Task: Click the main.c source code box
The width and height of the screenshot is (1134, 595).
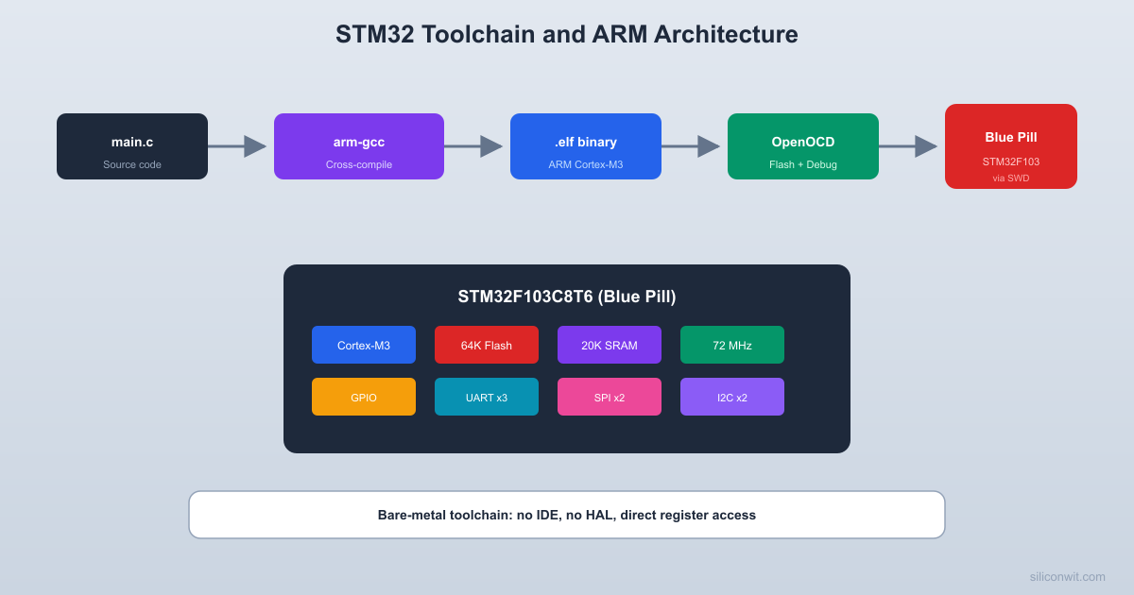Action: [132, 146]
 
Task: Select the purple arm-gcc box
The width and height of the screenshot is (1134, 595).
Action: [359, 146]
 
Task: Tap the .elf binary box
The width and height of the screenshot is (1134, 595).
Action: [586, 146]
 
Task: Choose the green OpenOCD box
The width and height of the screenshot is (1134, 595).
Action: [803, 146]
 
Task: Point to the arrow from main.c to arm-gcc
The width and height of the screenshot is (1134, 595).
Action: [237, 146]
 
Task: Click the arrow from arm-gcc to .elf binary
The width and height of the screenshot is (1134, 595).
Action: [473, 146]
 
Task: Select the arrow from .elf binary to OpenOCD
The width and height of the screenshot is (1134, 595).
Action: [691, 146]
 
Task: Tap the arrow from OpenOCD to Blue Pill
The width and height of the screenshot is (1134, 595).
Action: [908, 146]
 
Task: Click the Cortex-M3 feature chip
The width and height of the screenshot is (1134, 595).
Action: [364, 345]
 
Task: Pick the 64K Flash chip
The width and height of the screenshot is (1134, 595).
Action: [487, 345]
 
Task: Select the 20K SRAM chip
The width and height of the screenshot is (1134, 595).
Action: [610, 345]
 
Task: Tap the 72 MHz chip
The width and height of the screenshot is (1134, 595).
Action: [732, 345]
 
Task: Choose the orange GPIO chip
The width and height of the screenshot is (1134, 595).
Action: [364, 397]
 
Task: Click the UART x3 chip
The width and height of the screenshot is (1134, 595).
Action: [487, 397]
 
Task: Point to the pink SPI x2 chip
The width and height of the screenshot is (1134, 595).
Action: [610, 397]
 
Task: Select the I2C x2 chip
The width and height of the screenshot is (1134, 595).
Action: [732, 397]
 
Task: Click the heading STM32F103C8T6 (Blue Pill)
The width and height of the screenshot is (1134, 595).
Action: [567, 297]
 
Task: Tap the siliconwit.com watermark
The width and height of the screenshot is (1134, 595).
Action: [1067, 576]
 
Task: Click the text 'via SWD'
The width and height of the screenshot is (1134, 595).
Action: [1011, 178]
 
